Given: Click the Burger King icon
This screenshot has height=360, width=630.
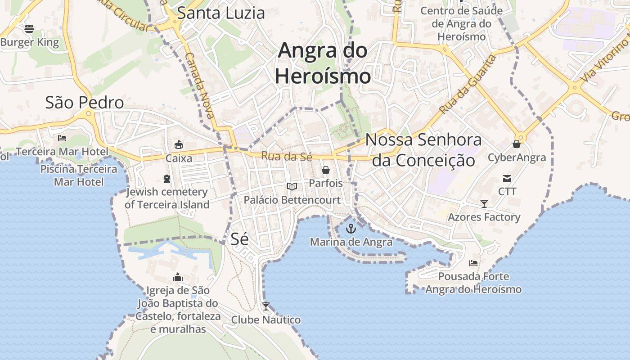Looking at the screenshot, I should click(29, 29).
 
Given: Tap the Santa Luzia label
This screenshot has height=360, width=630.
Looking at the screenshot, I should click(220, 13).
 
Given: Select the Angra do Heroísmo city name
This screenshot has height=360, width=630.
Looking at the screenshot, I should click(323, 63).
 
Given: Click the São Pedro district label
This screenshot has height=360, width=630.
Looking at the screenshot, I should click(85, 103).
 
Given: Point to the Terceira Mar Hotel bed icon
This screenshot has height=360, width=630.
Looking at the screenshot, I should click(62, 138).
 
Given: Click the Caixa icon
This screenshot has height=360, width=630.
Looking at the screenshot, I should click(179, 144).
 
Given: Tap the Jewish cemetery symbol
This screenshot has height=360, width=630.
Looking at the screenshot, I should click(167, 179).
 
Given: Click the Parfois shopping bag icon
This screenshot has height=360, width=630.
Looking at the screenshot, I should click(325, 170).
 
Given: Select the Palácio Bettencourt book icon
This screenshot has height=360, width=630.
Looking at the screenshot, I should click(292, 186).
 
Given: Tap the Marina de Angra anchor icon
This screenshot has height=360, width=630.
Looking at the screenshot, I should click(351, 229).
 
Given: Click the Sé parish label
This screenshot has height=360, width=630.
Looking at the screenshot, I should click(239, 239).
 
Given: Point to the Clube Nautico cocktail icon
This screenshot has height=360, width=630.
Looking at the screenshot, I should click(266, 306).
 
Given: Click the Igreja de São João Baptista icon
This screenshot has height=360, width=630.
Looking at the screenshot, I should click(178, 277).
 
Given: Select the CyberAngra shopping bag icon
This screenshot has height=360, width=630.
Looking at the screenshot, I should click(517, 144).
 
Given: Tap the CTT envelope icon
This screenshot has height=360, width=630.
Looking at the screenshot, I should click(507, 178).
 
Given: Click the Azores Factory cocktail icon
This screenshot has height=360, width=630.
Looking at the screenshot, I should click(484, 204).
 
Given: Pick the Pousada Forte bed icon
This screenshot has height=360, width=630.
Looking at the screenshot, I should click(473, 263).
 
